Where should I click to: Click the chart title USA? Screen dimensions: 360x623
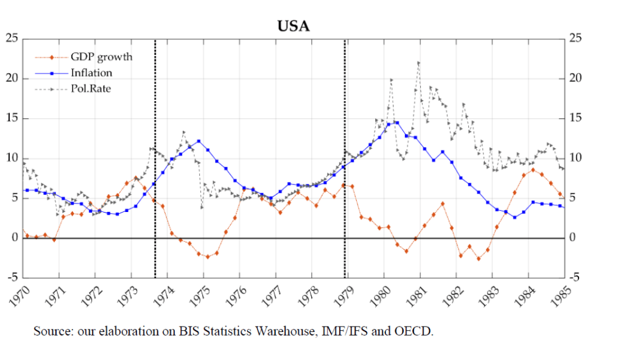(293, 26)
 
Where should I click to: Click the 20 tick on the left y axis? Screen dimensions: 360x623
(11, 79)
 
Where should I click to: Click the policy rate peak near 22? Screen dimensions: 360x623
(418, 63)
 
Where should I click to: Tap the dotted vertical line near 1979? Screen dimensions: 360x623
(345, 158)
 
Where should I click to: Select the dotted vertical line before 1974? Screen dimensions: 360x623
(155, 158)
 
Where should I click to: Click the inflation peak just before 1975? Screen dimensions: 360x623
(199, 141)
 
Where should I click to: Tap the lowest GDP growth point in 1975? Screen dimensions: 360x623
(208, 257)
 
